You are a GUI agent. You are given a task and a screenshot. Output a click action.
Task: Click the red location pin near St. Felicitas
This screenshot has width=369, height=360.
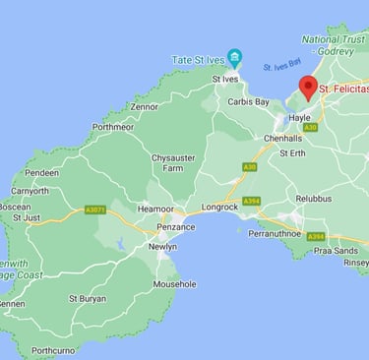click(x=308, y=88)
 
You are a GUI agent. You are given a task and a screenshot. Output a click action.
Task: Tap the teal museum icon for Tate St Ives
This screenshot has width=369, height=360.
click(x=234, y=57)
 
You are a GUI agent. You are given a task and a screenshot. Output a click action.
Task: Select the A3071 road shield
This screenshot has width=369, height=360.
click(x=95, y=209)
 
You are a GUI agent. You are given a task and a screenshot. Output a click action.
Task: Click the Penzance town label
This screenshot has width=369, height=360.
click(x=175, y=227)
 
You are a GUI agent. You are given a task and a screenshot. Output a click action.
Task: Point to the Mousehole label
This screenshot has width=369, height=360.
click(x=174, y=283)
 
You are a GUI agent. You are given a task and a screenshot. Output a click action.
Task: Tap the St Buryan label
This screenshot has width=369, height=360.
click(x=88, y=297)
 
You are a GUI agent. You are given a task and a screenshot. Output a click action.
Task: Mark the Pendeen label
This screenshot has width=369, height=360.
click(x=41, y=172)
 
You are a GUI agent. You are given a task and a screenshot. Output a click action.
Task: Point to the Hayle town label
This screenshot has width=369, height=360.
click(x=299, y=118)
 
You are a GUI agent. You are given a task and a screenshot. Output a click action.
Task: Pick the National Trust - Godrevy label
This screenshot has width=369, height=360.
click(x=333, y=45)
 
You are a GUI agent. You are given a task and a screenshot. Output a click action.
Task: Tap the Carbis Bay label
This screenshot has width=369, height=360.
click(x=248, y=101)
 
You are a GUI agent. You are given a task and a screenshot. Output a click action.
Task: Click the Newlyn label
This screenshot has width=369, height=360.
click(x=161, y=246)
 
